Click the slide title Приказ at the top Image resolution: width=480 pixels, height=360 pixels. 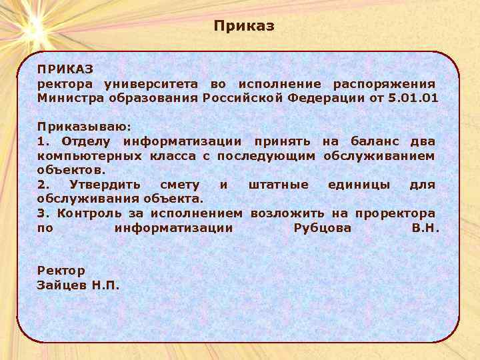pos(244,26)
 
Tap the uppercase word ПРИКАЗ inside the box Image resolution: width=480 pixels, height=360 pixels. pos(65,69)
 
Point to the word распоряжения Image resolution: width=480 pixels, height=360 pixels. pos(384,84)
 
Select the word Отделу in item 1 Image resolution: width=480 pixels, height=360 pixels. pos(88,141)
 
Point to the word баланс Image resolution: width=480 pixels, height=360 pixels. pos(378,141)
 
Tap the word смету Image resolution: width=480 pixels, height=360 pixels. pos(180,185)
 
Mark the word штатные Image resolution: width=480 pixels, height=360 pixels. pos(279,185)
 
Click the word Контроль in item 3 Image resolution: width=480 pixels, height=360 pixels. pos(89,213)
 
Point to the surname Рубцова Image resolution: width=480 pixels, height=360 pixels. pos(322,228)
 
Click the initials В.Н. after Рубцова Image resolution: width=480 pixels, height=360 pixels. pos(425,228)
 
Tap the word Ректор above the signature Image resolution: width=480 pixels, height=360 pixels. pos(61,271)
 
